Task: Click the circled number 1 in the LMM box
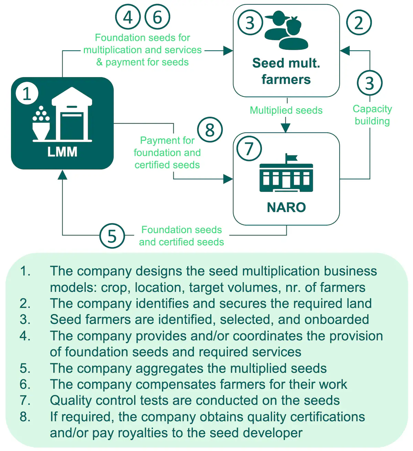click(27, 93)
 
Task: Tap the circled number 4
click(128, 17)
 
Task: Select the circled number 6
click(157, 17)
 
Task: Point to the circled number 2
click(359, 22)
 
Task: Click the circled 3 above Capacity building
click(370, 83)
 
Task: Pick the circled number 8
click(210, 130)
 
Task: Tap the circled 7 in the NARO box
click(249, 148)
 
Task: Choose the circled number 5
click(112, 236)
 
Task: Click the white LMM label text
click(62, 152)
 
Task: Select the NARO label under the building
click(286, 208)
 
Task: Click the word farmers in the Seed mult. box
click(286, 80)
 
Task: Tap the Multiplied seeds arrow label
click(286, 110)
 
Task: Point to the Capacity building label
click(372, 115)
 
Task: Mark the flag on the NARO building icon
click(291, 158)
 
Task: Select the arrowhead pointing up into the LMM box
click(62, 175)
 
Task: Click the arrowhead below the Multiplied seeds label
click(286, 128)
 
